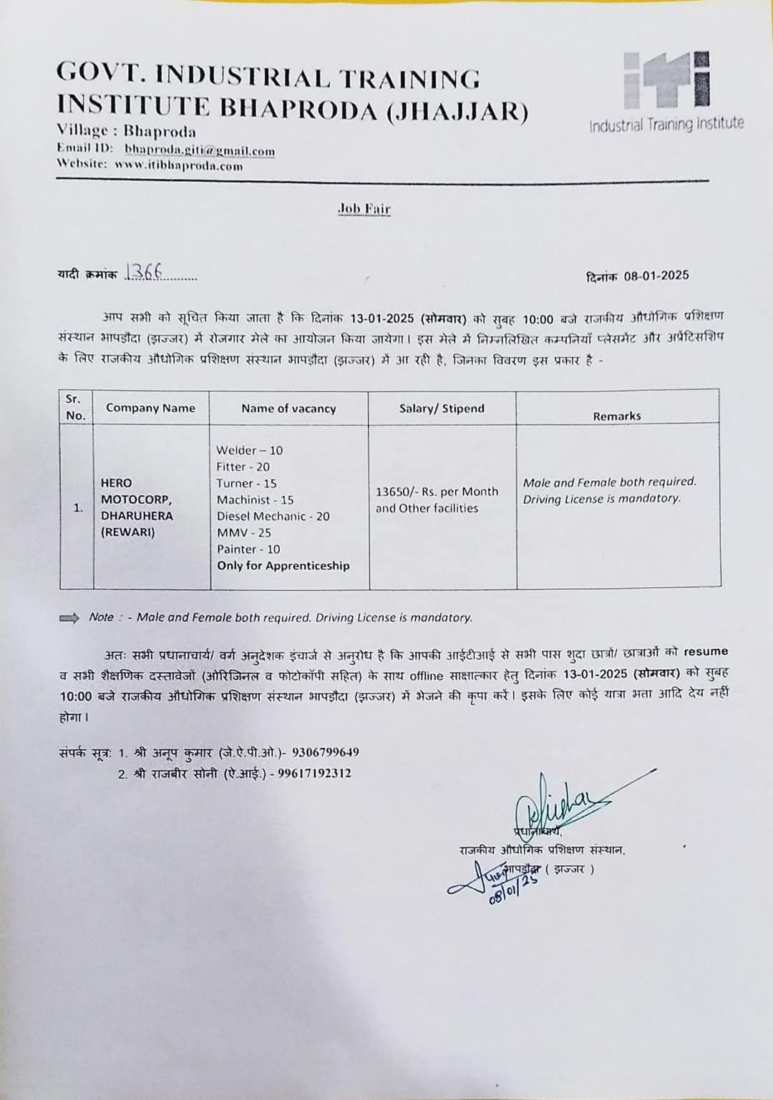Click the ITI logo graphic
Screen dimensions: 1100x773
point(666,79)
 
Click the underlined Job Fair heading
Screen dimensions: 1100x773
point(364,209)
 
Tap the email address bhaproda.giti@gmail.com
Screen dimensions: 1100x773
point(200,151)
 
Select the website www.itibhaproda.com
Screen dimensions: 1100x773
point(178,166)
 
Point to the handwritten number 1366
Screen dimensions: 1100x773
point(143,272)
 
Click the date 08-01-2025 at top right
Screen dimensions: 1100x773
point(656,276)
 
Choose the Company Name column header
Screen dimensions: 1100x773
point(150,408)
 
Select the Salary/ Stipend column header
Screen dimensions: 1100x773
point(442,409)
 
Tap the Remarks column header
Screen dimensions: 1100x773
point(616,416)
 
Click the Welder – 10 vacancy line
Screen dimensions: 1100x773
point(250,450)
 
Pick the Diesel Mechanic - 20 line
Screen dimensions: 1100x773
point(273,516)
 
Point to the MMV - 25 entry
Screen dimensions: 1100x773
point(244,532)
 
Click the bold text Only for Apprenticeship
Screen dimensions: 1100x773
point(283,565)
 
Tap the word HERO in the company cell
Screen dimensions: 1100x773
point(117,483)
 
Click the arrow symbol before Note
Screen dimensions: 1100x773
point(69,618)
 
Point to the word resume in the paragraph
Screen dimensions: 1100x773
point(706,652)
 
